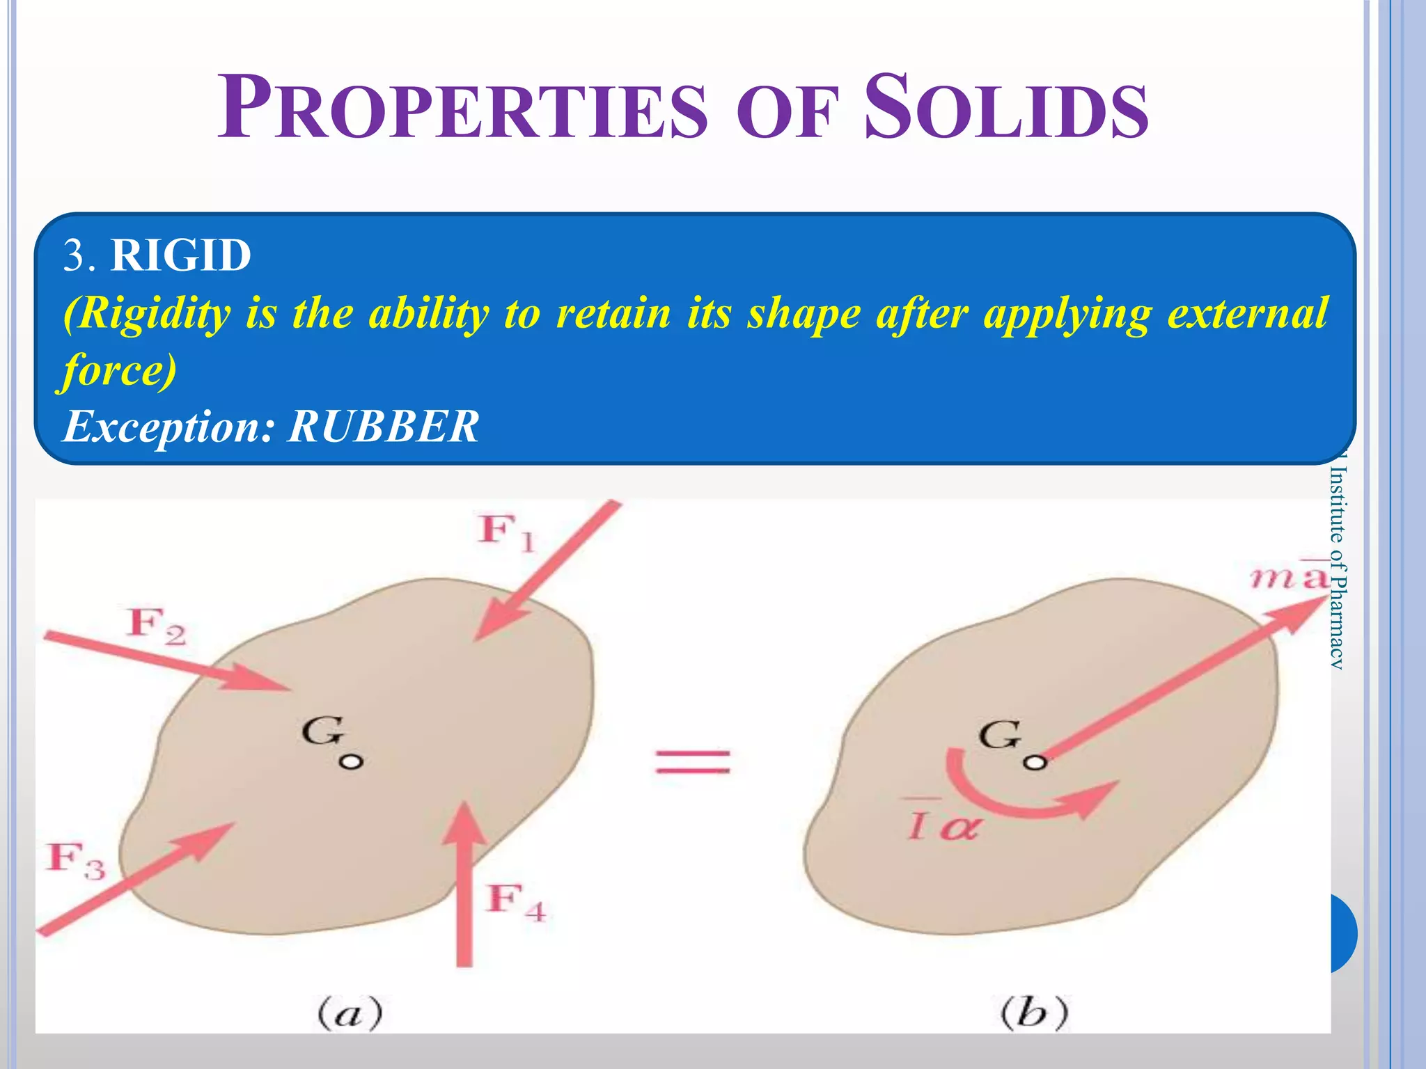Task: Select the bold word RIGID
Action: pos(181,255)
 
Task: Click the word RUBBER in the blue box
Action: pos(383,426)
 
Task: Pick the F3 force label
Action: pos(76,860)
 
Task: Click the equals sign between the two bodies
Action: pos(693,761)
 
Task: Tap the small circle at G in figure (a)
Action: pos(351,761)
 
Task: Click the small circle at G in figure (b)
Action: pos(1035,763)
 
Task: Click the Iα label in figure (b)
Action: pos(943,825)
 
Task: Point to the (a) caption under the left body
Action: pos(350,1013)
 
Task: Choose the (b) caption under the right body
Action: pos(1034,1013)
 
